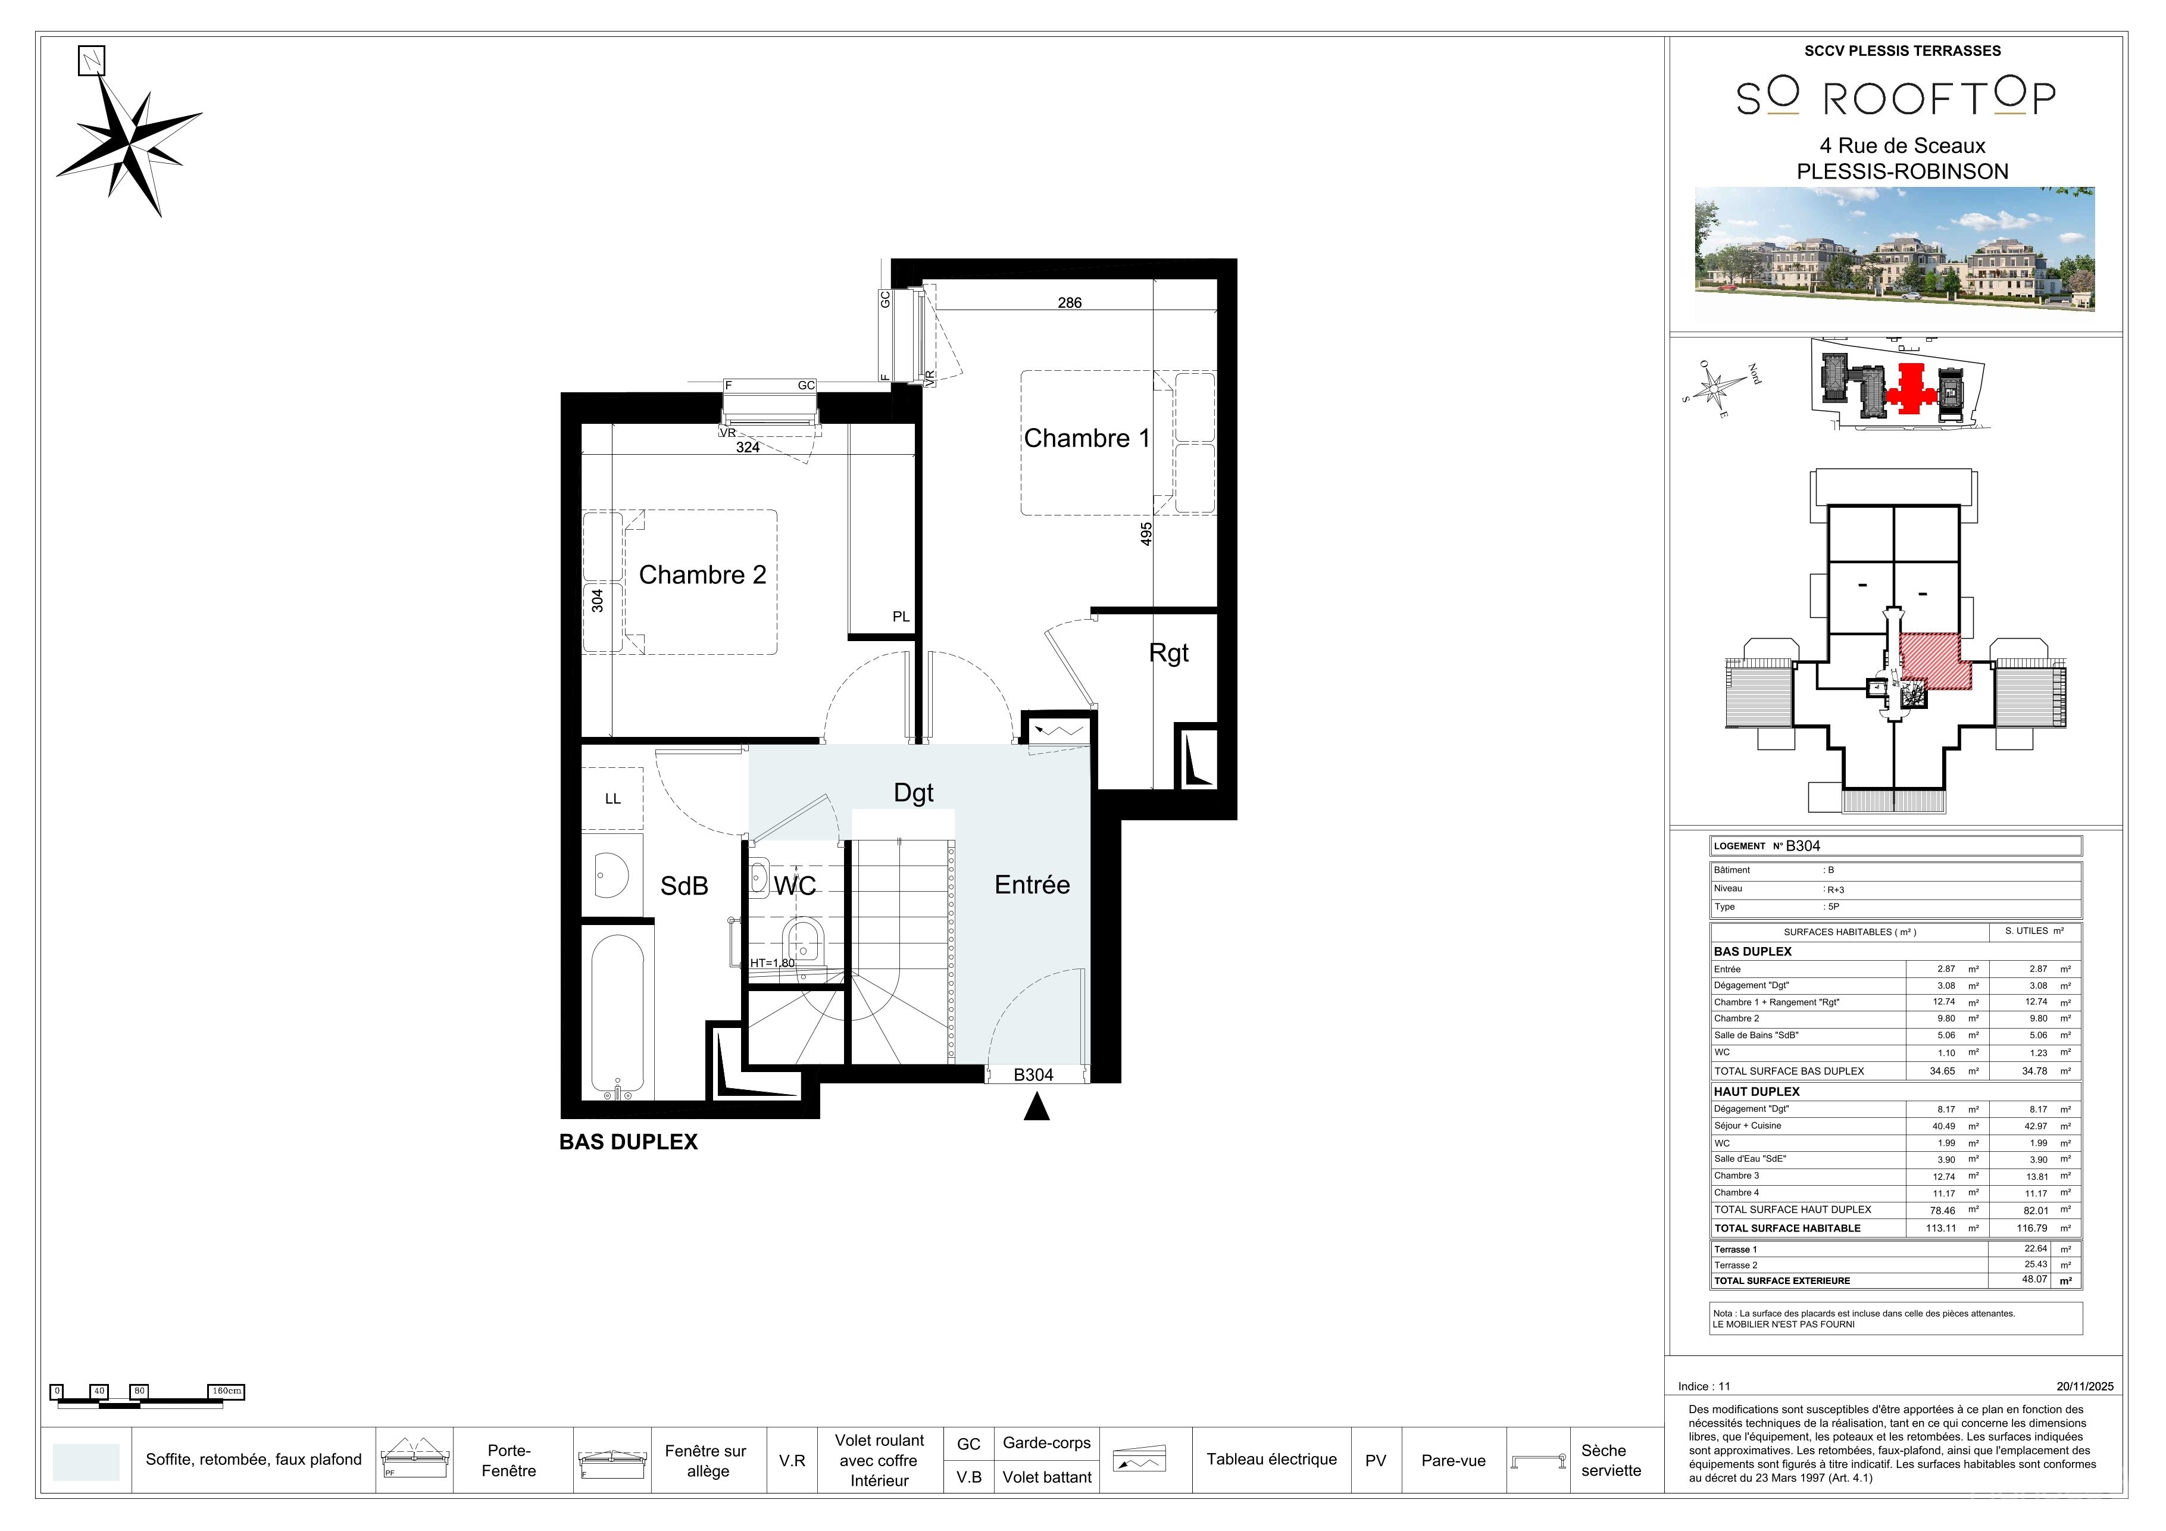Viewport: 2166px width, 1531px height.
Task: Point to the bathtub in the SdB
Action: (618, 1016)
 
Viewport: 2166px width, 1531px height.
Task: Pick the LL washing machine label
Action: (612, 799)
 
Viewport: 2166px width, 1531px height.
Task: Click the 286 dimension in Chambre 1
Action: (1069, 303)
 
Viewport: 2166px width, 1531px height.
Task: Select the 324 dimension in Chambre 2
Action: (747, 447)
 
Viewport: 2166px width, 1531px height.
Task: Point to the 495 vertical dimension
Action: (1146, 533)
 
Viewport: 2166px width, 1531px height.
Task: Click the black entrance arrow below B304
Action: (1037, 1107)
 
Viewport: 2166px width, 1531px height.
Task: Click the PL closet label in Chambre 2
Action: (901, 617)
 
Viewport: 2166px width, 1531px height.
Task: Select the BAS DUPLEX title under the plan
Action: (629, 1142)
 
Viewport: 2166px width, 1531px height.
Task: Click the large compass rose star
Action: (129, 146)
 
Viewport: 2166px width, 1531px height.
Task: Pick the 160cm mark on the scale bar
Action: (226, 1391)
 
